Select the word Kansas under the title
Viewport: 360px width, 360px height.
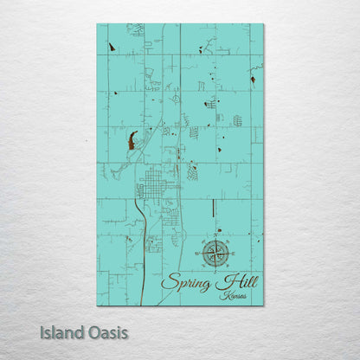pos(233,296)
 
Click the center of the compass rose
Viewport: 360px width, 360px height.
pos(216,253)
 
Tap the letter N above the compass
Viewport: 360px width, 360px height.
pos(216,234)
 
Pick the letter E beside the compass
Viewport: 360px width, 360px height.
pos(234,253)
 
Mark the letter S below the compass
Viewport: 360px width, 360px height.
pos(216,271)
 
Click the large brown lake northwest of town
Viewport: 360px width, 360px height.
pos(132,139)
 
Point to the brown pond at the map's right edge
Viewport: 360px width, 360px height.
pos(253,80)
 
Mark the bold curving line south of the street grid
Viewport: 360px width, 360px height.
pos(140,251)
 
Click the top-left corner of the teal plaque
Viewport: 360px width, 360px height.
pos(97,24)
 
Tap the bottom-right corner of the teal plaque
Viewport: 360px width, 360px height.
pos(263,305)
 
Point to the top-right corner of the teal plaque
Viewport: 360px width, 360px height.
pos(263,24)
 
